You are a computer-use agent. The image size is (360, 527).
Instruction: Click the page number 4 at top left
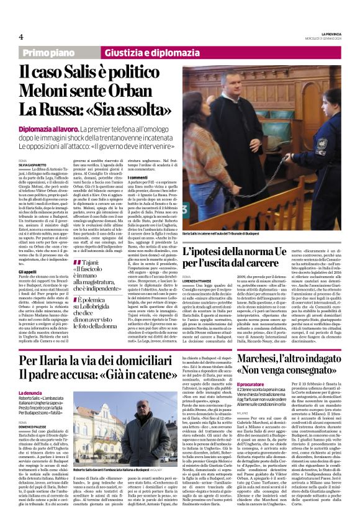click(x=20, y=36)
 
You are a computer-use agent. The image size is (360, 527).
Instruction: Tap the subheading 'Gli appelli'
click(x=27, y=253)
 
